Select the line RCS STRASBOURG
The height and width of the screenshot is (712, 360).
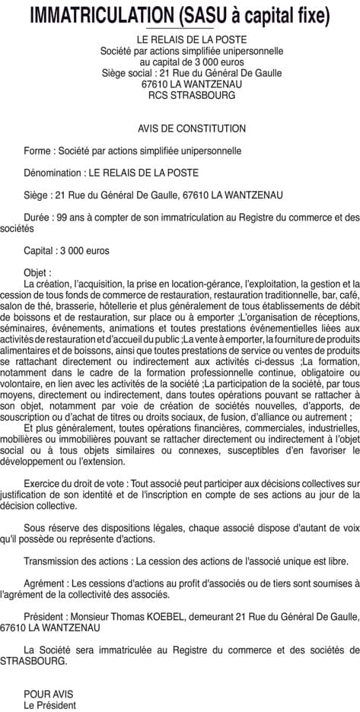181,96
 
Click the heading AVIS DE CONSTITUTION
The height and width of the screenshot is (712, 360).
181,129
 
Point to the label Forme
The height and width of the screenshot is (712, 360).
38,151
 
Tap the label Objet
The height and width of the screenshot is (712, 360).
37,272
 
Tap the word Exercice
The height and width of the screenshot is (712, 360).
45,483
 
